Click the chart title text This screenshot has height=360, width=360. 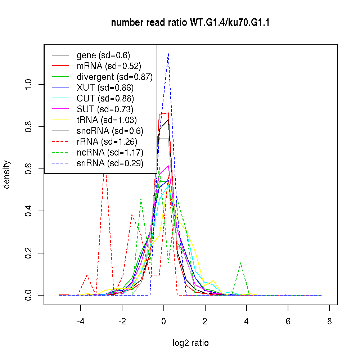tap(190, 23)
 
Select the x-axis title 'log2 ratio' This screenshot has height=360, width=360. tap(190, 343)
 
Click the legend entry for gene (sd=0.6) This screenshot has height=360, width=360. tap(103, 55)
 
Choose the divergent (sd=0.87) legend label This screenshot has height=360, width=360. tap(114, 77)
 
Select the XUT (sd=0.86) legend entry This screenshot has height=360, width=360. tap(105, 88)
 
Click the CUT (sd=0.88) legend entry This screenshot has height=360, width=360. tap(105, 99)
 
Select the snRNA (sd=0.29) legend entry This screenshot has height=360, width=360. tap(110, 163)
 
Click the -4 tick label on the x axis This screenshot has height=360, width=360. tap(81, 321)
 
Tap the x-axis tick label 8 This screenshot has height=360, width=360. tap(329, 321)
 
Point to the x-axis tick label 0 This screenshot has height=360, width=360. tap(164, 321)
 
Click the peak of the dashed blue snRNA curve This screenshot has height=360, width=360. tap(168, 54)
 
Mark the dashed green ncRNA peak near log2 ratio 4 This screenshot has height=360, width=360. tap(241, 263)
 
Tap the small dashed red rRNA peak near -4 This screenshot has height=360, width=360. tap(87, 275)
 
